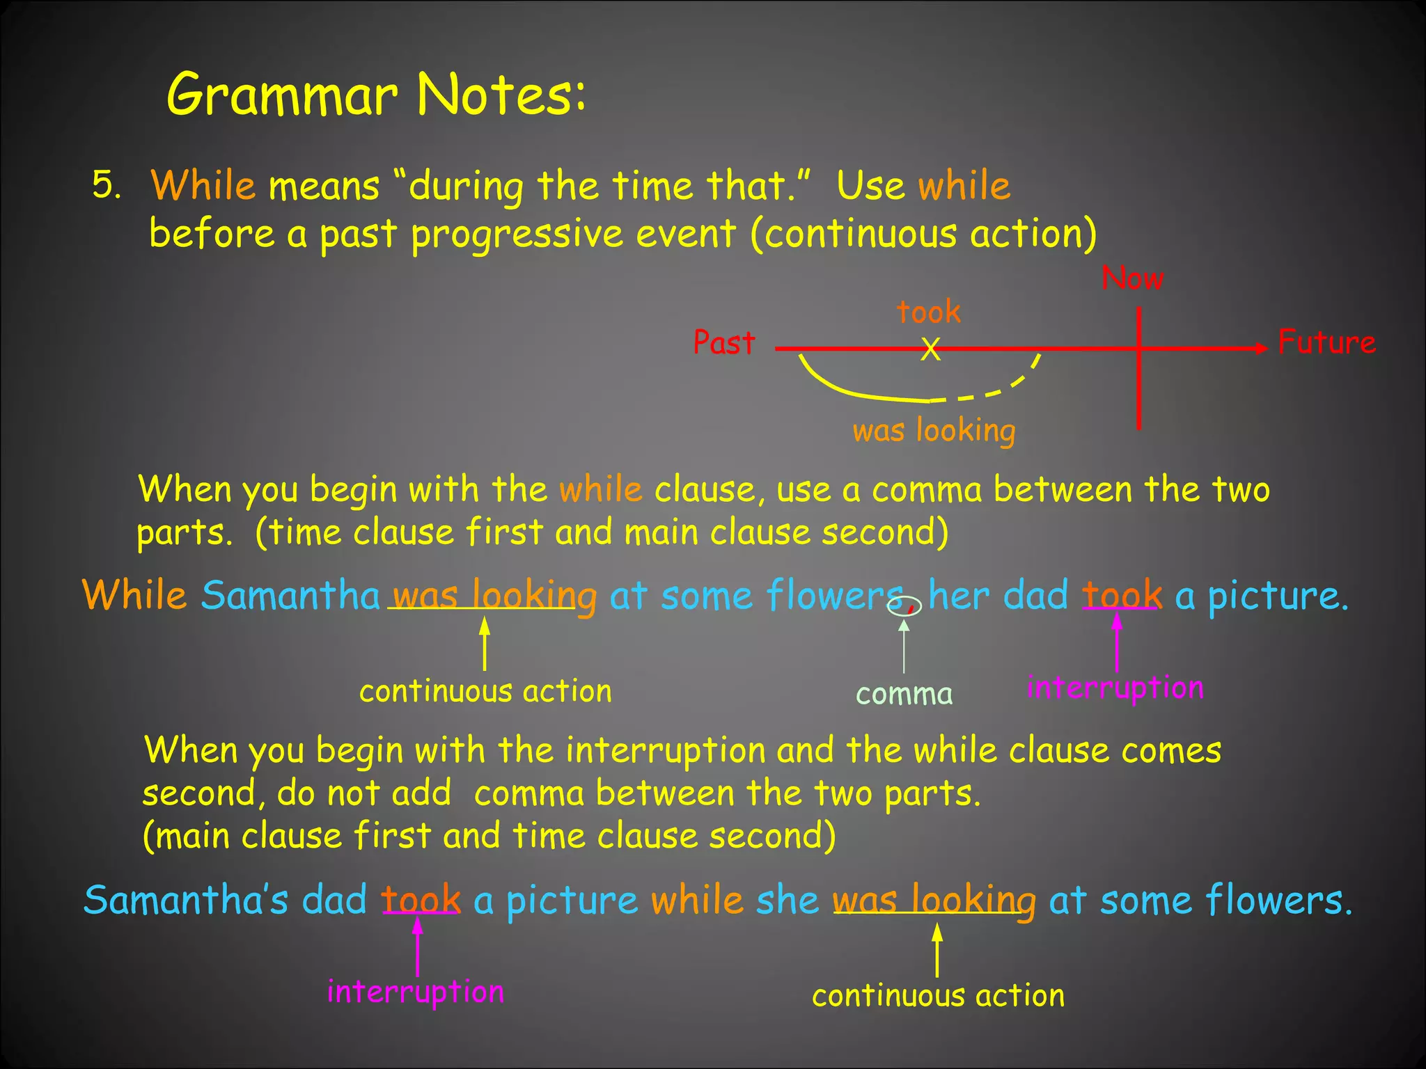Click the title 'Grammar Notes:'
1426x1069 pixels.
(376, 95)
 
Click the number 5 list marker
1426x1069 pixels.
(106, 186)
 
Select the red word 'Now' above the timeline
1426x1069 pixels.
(1132, 279)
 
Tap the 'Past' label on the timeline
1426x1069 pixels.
(724, 342)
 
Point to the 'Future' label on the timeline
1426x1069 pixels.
(1326, 342)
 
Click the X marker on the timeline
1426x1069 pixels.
(930, 349)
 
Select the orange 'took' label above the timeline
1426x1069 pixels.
(929, 311)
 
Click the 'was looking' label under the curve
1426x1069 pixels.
(934, 431)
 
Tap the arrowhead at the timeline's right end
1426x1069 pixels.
(1261, 348)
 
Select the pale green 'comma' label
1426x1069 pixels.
(904, 694)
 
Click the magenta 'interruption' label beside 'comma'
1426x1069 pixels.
(1115, 688)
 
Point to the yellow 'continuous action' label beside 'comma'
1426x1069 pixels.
(485, 691)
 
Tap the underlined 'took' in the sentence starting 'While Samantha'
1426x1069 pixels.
(1122, 596)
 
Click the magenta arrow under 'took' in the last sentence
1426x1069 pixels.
(418, 947)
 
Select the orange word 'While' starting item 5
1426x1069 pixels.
(203, 186)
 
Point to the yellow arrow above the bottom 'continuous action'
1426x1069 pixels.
(937, 950)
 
